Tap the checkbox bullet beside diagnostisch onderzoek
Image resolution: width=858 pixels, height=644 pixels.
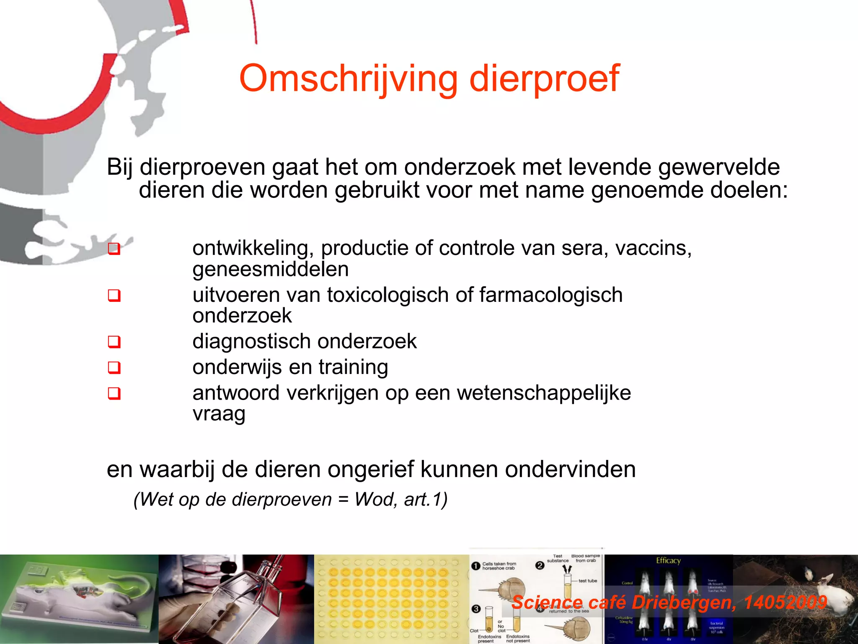(114, 342)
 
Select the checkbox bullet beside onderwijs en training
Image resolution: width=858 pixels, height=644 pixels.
(114, 368)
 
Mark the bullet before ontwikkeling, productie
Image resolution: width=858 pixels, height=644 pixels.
(114, 249)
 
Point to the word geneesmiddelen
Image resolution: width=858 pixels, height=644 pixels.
(270, 269)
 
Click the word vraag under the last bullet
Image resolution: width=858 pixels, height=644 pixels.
(219, 414)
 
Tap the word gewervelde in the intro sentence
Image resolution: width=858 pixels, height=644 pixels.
(718, 167)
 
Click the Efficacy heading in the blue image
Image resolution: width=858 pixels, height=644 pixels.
(668, 561)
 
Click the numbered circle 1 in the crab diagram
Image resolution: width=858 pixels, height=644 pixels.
(476, 566)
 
